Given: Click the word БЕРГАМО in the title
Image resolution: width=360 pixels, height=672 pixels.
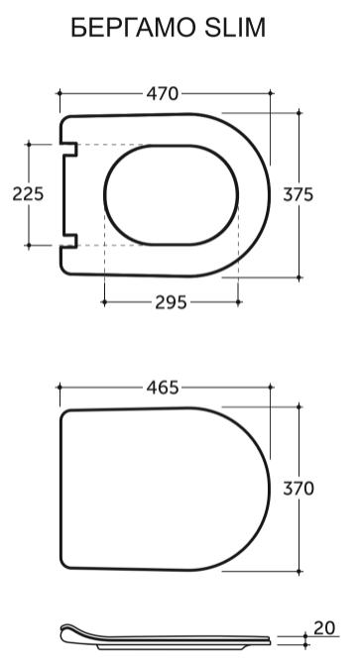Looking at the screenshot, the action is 132,29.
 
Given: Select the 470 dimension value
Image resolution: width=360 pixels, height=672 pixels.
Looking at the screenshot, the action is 162,94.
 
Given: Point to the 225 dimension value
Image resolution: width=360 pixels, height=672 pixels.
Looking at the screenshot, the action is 28,194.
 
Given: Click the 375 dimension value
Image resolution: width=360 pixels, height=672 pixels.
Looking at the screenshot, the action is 299,194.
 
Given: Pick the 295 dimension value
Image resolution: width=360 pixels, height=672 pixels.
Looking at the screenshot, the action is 171,302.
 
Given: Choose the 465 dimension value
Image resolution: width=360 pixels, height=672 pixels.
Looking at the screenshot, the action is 163,388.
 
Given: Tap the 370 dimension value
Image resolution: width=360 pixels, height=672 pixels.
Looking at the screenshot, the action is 299,489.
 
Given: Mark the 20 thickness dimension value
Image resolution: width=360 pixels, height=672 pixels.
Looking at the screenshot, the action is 324,628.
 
